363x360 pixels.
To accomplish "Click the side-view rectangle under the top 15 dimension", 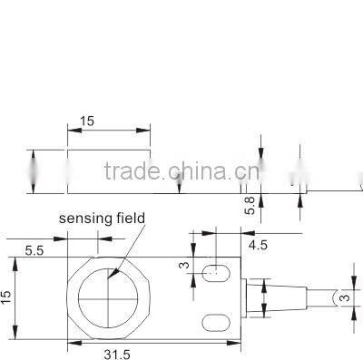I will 109,171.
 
